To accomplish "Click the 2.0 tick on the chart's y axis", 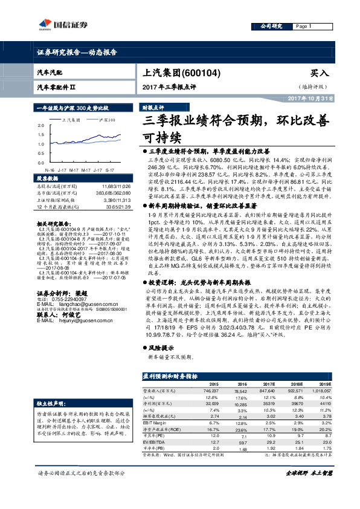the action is (40, 125).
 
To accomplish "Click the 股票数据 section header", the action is (47, 180).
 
